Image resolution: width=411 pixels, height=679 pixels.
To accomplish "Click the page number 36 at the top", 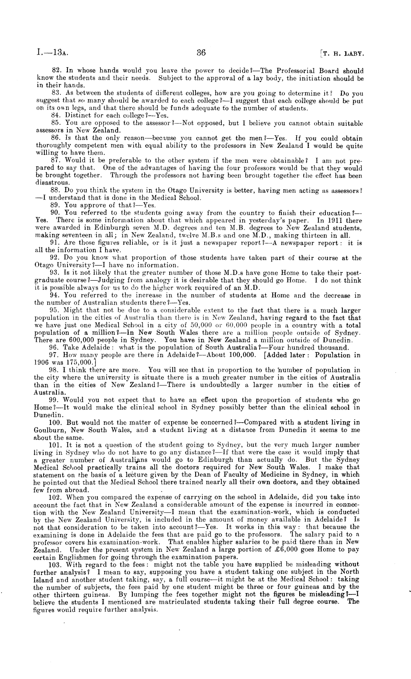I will pos(201,52).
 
